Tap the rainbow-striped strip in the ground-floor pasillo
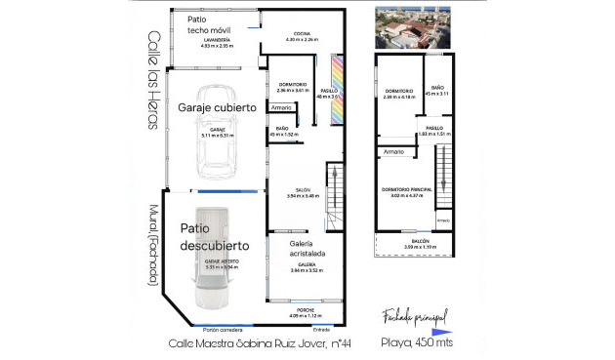(x=338, y=77)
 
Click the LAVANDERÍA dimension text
(x=214, y=44)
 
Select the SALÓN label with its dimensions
(x=304, y=193)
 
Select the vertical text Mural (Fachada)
(x=152, y=245)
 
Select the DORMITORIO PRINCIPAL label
(x=406, y=192)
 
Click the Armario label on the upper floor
(x=393, y=152)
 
